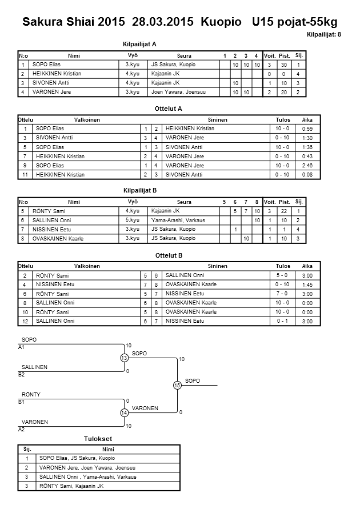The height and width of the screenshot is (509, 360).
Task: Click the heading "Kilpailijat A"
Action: click(x=139, y=43)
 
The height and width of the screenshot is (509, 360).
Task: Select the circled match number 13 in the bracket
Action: click(x=124, y=358)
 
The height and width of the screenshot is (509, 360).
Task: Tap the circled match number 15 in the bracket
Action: click(x=177, y=385)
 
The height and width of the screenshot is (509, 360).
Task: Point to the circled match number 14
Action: click(x=124, y=412)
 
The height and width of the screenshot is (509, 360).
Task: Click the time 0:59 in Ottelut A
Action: click(x=307, y=129)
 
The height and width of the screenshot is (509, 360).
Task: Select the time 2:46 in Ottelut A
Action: click(x=307, y=165)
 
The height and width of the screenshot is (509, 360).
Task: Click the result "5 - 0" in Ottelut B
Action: click(x=282, y=275)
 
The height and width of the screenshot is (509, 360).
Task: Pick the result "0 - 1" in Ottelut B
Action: click(x=282, y=321)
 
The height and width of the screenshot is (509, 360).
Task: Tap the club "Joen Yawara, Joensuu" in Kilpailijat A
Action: click(x=174, y=92)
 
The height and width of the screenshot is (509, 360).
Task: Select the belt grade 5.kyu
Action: click(x=132, y=220)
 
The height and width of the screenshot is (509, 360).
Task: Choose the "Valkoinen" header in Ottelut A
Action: click(x=87, y=120)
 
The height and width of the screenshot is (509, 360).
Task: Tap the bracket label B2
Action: click(x=22, y=375)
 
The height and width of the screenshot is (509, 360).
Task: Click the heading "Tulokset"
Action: click(x=98, y=439)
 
